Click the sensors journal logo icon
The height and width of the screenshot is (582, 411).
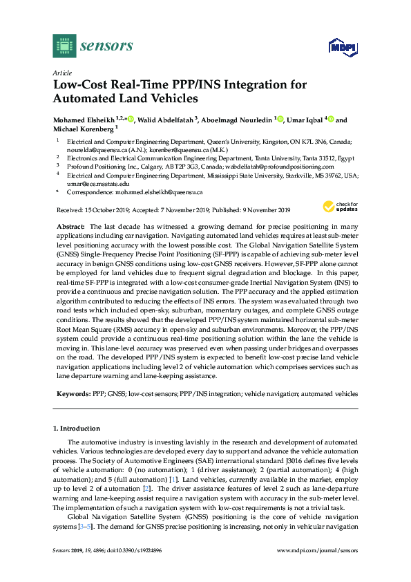click(x=64, y=46)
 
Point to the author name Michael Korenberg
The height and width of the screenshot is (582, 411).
click(x=84, y=129)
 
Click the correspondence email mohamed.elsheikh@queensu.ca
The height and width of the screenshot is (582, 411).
click(x=159, y=193)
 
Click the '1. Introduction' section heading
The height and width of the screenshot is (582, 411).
click(x=81, y=429)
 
